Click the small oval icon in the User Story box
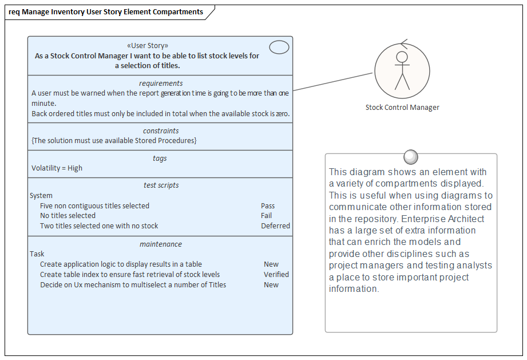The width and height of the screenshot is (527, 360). click(279, 48)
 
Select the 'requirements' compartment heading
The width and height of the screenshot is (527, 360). click(160, 84)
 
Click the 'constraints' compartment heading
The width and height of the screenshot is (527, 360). click(160, 131)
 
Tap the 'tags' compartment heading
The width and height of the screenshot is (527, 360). click(160, 159)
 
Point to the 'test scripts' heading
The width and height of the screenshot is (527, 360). click(161, 185)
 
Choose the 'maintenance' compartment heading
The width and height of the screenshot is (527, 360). click(160, 244)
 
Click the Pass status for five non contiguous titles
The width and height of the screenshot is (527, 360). click(268, 206)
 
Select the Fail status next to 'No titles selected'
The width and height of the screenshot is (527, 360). click(266, 216)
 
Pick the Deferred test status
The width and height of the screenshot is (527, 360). click(275, 226)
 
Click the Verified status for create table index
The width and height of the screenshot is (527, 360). click(276, 275)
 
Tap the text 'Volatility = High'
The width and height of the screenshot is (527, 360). click(57, 168)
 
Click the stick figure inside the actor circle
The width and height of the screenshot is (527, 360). click(402, 70)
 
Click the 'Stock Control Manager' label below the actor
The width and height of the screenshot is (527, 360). click(402, 108)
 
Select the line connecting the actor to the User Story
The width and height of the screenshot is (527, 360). click(334, 82)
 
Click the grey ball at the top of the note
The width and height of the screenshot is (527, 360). click(411, 156)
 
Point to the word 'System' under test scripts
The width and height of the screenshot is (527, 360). click(41, 196)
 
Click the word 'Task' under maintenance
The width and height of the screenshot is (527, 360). click(37, 254)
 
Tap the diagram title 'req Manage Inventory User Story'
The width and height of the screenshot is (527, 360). click(105, 12)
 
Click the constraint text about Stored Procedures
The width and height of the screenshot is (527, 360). click(114, 141)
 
